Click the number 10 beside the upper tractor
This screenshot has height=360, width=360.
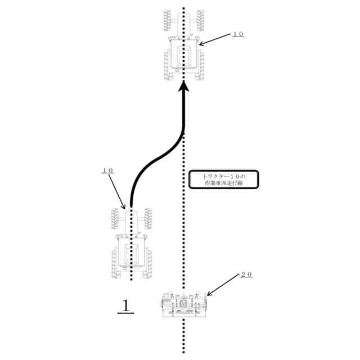click(238, 34)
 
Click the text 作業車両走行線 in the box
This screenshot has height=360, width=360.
click(223, 183)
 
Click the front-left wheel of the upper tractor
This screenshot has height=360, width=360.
click(167, 20)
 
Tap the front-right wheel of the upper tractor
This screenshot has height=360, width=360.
click(201, 20)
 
